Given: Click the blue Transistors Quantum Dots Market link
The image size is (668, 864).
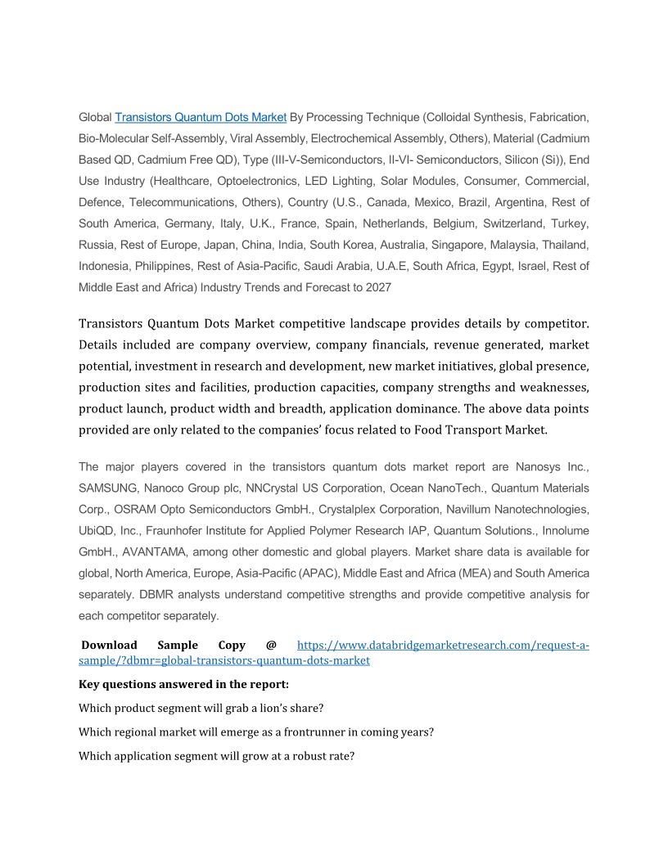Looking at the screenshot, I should [x=201, y=117].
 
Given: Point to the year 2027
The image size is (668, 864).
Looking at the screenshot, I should [x=377, y=287].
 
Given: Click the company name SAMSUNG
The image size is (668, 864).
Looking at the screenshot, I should [x=108, y=488].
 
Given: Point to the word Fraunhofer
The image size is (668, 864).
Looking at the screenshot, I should [x=178, y=531].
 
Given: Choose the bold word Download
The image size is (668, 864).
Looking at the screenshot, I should [x=109, y=646].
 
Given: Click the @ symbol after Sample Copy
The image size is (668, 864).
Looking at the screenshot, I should [x=271, y=646].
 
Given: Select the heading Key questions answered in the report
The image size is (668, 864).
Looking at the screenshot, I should [x=183, y=684].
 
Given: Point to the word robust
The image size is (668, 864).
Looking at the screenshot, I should [x=307, y=757].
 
